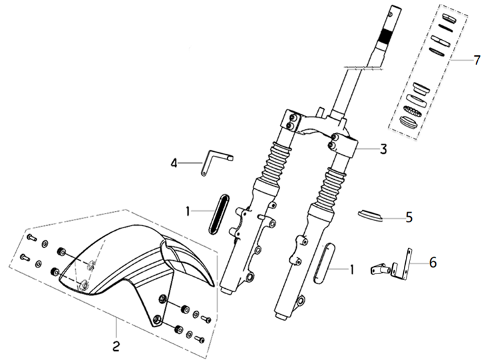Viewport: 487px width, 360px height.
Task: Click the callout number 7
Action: [x=477, y=60]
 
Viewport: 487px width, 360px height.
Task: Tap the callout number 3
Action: [x=383, y=150]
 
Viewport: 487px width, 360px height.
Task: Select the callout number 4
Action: [x=174, y=163]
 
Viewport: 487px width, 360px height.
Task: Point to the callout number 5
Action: [x=409, y=218]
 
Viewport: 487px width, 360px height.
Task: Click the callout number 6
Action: [x=433, y=262]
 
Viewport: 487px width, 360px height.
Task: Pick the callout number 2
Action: [x=116, y=346]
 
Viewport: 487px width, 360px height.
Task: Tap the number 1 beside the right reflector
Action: [x=351, y=270]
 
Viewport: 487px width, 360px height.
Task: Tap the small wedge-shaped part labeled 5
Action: [x=370, y=216]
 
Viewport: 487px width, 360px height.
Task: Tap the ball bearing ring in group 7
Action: [x=412, y=111]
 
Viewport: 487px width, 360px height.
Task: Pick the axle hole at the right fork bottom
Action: [x=300, y=301]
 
